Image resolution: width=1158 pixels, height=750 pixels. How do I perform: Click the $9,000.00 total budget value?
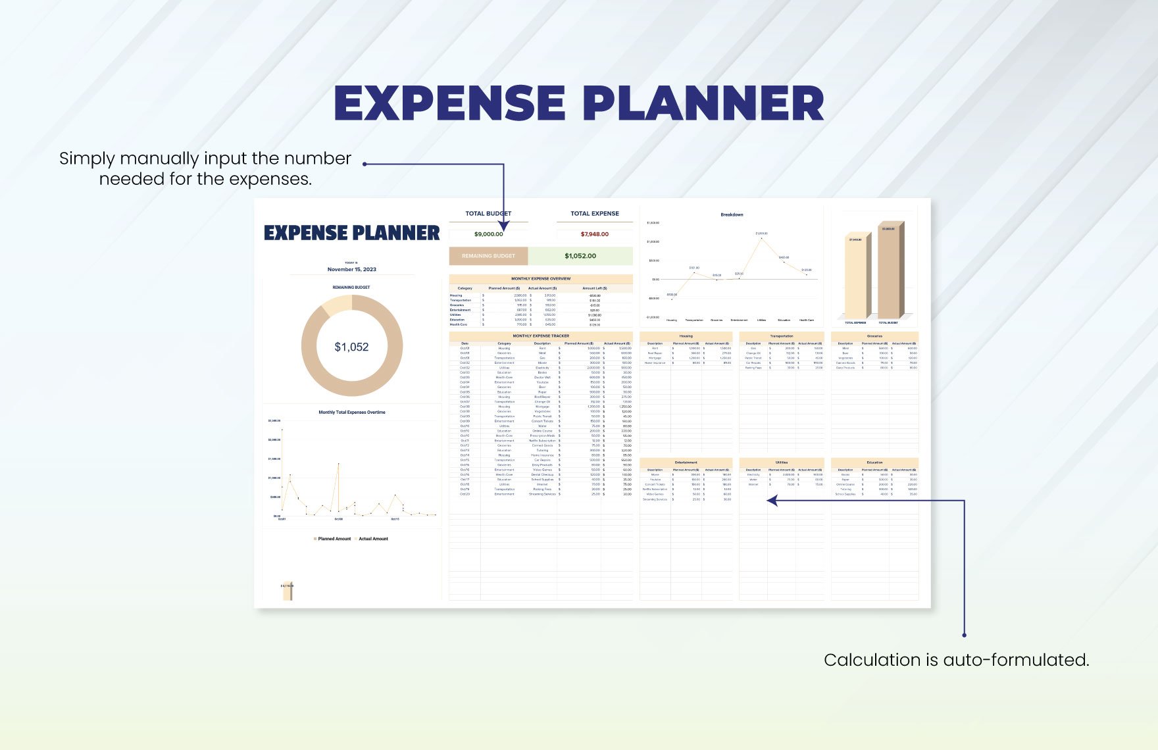488,234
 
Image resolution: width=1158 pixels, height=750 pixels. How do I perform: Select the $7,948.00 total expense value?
594,234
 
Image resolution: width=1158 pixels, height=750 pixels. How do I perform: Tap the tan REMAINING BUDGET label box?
488,256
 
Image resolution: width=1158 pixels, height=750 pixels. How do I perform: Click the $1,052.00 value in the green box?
580,256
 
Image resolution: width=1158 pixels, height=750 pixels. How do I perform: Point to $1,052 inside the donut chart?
351,347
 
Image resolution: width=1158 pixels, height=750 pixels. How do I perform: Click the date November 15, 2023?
351,269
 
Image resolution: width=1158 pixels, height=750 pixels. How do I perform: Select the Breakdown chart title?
731,214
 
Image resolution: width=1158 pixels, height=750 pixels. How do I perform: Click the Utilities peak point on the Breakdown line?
761,238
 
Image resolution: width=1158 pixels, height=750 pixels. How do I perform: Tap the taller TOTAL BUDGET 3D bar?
889,273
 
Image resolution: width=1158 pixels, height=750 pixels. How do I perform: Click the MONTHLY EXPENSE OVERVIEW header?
541,278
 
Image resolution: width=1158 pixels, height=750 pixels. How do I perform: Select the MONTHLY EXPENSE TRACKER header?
541,336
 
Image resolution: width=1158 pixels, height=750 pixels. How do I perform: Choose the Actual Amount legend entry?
372,539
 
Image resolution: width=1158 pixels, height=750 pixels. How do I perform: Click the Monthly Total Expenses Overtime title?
351,413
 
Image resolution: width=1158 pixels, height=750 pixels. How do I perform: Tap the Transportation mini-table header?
781,336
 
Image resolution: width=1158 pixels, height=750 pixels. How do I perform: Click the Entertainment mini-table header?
686,463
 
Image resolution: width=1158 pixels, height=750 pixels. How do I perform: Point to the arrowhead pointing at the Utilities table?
772,501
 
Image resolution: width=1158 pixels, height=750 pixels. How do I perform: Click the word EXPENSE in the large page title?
449,103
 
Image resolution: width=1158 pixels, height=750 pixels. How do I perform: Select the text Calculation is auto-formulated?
956,660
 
